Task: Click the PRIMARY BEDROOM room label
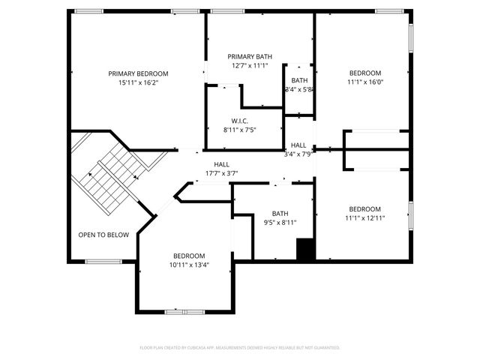[x=138, y=73]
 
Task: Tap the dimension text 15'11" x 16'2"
[x=138, y=83]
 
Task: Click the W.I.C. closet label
[x=240, y=121]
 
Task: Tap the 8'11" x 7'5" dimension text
[x=240, y=130]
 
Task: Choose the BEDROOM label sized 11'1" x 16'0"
[x=365, y=73]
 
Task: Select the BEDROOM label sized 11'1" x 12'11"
[x=365, y=208]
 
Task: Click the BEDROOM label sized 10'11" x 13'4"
[x=184, y=256]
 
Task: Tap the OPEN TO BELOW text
[x=103, y=235]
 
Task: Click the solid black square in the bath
[x=304, y=250]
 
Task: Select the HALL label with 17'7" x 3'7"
[x=222, y=164]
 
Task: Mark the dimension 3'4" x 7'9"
[x=298, y=154]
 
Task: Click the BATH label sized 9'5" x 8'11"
[x=280, y=213]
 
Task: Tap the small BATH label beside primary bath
[x=299, y=80]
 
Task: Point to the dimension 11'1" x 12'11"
[x=365, y=218]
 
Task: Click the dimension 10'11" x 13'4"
[x=184, y=265]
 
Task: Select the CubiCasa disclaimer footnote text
[x=240, y=347]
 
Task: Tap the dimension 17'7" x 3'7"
[x=222, y=173]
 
